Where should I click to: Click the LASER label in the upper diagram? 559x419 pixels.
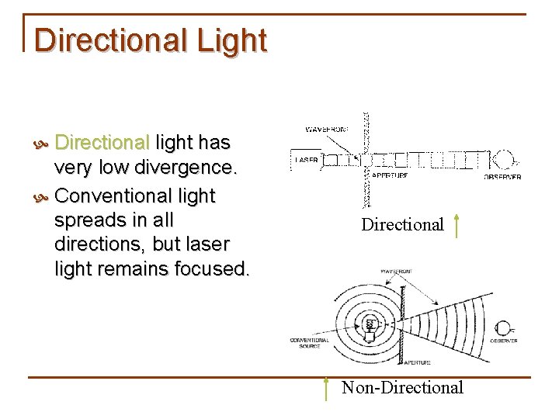coord(306,161)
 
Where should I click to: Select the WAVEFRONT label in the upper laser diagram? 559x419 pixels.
coord(327,129)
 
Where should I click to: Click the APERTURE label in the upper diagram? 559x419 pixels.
coord(389,175)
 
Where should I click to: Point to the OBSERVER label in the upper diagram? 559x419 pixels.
coord(502,177)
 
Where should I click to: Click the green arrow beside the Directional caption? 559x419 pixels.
coord(457,225)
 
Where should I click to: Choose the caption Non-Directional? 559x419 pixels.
coord(402,387)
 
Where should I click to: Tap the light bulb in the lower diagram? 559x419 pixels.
coord(370,327)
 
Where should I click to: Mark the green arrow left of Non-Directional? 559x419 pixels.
coord(327,388)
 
